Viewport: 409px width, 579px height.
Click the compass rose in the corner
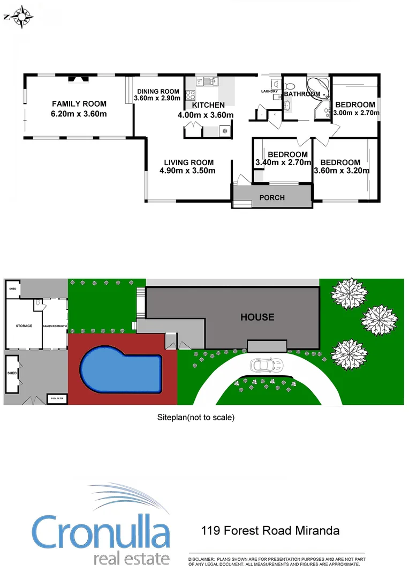tap(20, 17)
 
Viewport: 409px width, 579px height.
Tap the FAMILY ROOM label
tap(79, 104)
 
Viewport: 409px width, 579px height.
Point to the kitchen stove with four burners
tap(190, 95)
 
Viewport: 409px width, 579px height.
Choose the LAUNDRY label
tap(269, 91)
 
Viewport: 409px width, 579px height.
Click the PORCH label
tap(272, 197)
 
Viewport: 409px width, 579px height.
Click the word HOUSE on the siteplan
tap(257, 317)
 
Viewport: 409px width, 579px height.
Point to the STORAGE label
tap(24, 326)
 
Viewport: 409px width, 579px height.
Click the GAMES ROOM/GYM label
tap(55, 326)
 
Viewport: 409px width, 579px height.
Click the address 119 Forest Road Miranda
tap(270, 531)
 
